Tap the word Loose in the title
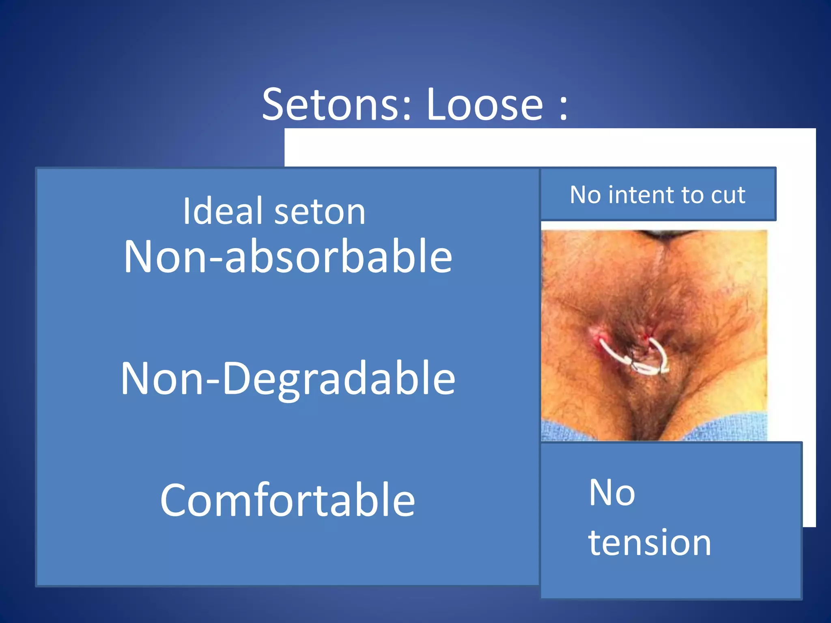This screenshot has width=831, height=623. [x=484, y=105]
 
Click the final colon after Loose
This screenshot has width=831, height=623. [x=563, y=109]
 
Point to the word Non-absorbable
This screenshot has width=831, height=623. [x=288, y=256]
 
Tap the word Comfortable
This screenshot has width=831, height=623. [x=288, y=500]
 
